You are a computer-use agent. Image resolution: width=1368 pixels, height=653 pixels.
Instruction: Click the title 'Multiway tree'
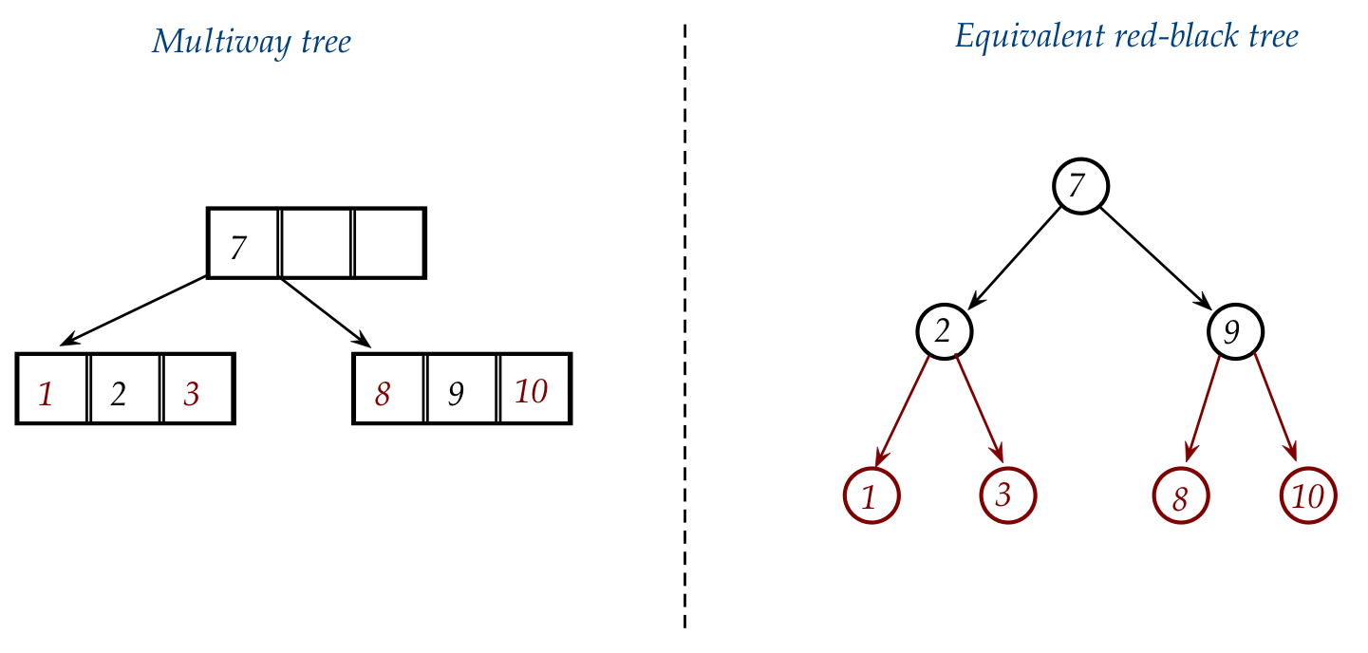252,43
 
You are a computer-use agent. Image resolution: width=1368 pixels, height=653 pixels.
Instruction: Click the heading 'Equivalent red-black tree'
1126,38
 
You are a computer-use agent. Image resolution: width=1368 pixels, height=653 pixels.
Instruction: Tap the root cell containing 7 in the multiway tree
243,244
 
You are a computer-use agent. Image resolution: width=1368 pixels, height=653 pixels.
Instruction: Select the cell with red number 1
52,389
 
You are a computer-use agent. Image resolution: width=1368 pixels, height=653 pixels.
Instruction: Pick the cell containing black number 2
124,389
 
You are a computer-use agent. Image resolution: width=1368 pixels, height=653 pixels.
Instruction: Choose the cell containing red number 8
388,389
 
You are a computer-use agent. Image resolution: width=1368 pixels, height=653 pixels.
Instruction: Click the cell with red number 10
534,389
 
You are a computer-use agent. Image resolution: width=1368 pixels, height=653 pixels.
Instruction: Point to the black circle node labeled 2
944,330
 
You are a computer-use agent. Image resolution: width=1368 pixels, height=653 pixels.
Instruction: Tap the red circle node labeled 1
871,495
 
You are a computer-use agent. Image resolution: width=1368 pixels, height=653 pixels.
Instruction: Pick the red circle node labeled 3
1007,494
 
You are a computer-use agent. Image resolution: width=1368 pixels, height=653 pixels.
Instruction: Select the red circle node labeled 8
1181,495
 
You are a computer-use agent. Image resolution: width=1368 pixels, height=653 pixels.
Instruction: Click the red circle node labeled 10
1308,494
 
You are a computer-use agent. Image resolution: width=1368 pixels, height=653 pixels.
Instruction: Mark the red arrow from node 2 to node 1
907,412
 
